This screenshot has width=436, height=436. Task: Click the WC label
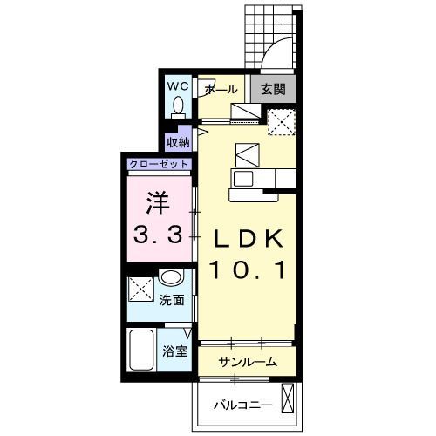tap(178, 86)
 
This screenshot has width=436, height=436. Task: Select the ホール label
tap(221, 90)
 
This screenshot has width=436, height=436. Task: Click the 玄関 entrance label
tap(273, 89)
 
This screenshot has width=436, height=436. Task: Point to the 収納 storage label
tap(178, 142)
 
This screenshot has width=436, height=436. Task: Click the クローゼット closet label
tap(159, 164)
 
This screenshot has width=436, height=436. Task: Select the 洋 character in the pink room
tap(158, 202)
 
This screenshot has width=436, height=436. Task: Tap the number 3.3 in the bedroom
tap(158, 235)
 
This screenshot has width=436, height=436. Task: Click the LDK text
tap(249, 238)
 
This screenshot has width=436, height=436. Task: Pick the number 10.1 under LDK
tap(249, 269)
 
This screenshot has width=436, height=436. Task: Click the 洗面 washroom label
tap(172, 300)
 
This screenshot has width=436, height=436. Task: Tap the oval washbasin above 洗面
tap(172, 276)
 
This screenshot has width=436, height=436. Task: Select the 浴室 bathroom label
tap(175, 351)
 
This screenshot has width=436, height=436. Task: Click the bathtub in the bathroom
tap(141, 350)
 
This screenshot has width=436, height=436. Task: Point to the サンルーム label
tap(248, 362)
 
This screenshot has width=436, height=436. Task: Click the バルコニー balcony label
tap(243, 405)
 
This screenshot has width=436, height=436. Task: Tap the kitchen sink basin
tap(243, 178)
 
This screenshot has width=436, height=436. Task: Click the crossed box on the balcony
tap(288, 398)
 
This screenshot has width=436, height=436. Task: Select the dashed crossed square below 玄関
tap(282, 122)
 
